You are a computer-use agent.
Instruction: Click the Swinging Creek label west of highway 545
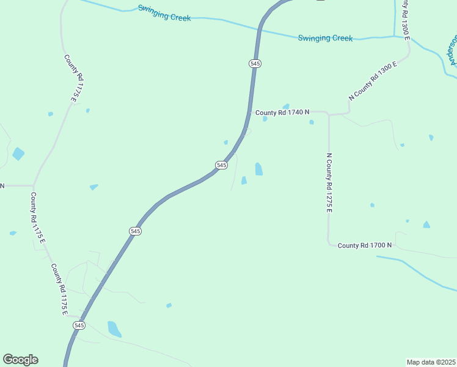click(x=164, y=13)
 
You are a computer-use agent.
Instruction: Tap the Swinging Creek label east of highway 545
click(x=325, y=38)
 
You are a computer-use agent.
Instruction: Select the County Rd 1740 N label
click(x=282, y=113)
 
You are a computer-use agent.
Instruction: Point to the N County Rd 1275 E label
click(x=329, y=182)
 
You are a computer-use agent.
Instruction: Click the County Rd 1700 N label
click(x=364, y=245)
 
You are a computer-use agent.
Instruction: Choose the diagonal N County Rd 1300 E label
click(x=373, y=80)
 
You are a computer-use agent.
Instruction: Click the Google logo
click(x=20, y=360)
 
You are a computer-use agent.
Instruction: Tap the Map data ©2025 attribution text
click(x=431, y=362)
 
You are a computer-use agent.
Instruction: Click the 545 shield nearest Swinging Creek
click(x=255, y=64)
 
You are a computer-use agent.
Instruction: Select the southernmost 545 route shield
click(x=79, y=325)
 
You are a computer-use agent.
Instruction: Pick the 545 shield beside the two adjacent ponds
click(x=222, y=165)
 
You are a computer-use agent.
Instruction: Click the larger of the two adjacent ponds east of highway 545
click(x=258, y=169)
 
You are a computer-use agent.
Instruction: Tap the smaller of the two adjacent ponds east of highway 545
click(x=244, y=180)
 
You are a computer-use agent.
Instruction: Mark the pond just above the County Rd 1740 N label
click(x=285, y=106)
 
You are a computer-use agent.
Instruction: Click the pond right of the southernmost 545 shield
click(x=114, y=328)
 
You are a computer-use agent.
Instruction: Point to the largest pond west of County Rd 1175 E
click(x=18, y=154)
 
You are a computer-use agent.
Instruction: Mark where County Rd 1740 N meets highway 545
click(x=250, y=113)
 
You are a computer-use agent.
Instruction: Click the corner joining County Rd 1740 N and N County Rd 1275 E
click(x=329, y=114)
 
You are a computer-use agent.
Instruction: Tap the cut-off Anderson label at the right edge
click(x=453, y=49)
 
